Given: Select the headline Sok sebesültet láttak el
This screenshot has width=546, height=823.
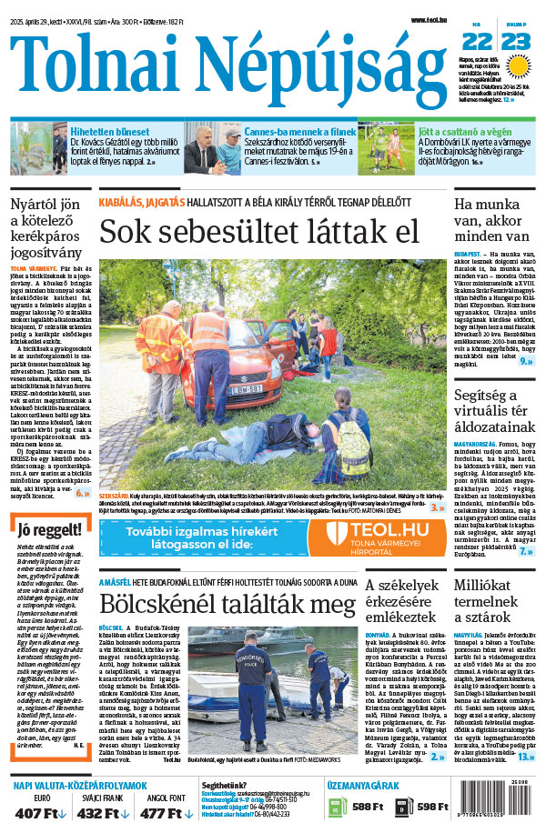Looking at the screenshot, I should [259, 231].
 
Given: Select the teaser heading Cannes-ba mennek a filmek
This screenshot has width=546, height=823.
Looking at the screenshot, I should [298, 132].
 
